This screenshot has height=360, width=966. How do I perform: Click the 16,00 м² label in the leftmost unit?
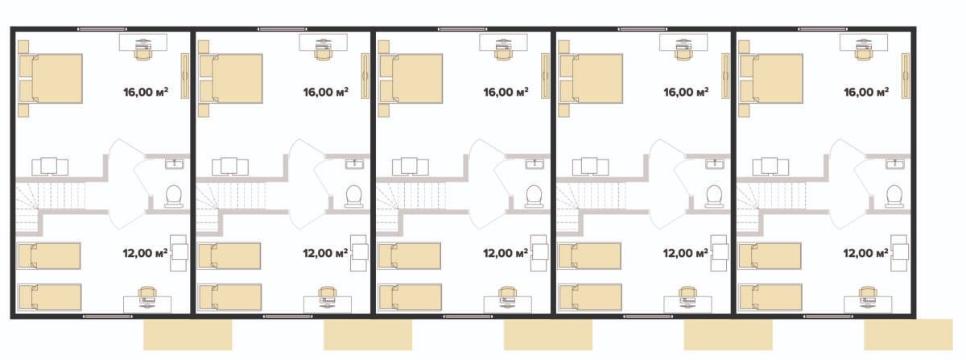point(146,92)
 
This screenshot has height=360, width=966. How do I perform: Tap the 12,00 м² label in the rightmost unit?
point(865,253)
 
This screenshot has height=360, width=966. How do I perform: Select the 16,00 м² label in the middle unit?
point(506,92)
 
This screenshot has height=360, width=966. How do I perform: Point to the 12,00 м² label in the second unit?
point(325,253)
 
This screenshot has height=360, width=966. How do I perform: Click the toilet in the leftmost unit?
point(173,197)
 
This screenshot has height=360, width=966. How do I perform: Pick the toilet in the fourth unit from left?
point(714,197)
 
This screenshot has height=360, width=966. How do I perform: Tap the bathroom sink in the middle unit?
point(535,164)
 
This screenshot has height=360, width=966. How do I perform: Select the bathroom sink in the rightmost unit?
point(895,164)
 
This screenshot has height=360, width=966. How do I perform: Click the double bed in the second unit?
point(231,79)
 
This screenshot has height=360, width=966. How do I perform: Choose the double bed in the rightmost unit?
point(771,79)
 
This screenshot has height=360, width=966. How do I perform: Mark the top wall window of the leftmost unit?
point(102,29)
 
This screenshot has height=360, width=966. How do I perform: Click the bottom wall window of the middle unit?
point(468,317)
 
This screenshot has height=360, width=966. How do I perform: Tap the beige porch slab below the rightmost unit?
point(908,334)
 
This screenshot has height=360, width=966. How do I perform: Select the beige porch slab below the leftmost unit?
point(188,334)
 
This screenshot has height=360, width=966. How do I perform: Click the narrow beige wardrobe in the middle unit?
point(545,76)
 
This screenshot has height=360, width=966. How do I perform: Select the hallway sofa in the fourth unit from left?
point(590,167)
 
